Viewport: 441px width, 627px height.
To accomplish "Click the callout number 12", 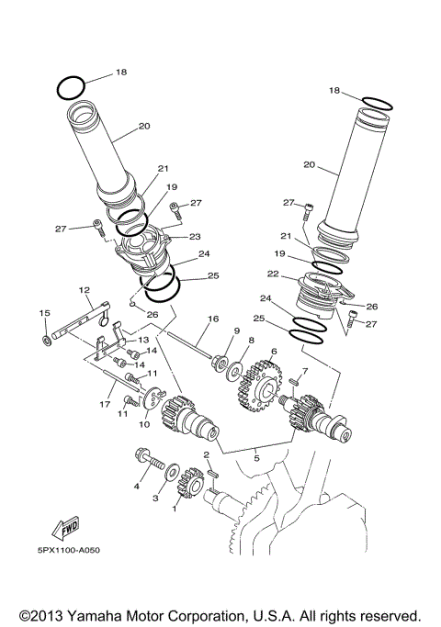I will click(x=85, y=290).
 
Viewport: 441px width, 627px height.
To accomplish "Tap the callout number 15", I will click(x=44, y=314).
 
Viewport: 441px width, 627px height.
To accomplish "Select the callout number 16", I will click(x=212, y=319).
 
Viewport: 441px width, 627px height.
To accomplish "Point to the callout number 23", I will click(x=196, y=236).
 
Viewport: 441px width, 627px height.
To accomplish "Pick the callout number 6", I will click(x=273, y=351).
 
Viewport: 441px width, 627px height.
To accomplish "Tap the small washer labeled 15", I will click(x=46, y=341).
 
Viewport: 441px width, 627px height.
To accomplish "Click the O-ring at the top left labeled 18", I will click(x=71, y=87).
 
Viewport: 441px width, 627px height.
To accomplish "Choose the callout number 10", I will click(x=143, y=424).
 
